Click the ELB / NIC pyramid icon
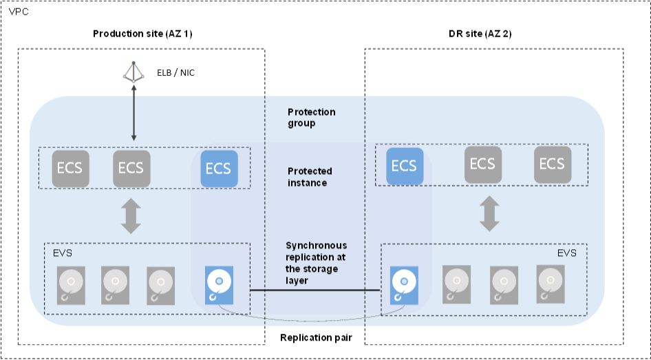(x=134, y=72)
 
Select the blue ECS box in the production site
(x=218, y=168)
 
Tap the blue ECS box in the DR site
(x=404, y=166)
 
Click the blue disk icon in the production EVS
(x=220, y=284)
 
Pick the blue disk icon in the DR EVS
(x=405, y=284)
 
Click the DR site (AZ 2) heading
(x=479, y=34)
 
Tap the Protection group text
(x=312, y=118)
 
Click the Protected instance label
(x=310, y=176)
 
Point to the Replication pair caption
(x=316, y=338)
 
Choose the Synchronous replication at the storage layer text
(x=316, y=262)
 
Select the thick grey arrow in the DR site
(x=489, y=213)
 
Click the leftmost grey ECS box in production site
(x=71, y=168)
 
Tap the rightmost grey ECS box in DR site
(x=553, y=164)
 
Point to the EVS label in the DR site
(x=567, y=253)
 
